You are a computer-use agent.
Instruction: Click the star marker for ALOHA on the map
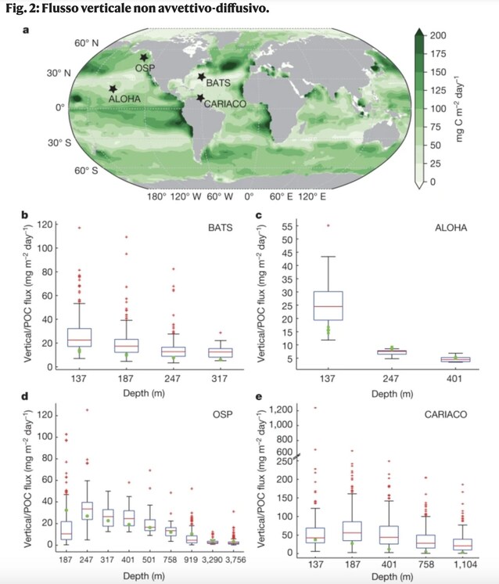(x=113, y=88)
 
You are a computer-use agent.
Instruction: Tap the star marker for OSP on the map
(x=144, y=57)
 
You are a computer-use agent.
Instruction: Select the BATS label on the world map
(x=218, y=83)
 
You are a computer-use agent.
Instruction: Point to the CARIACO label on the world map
(x=225, y=103)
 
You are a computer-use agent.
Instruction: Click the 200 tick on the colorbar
(x=438, y=35)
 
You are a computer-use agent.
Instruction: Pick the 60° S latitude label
(x=86, y=171)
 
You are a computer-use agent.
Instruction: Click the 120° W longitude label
(x=185, y=196)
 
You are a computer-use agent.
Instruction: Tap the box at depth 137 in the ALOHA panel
(x=328, y=306)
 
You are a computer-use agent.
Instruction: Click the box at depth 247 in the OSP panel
(x=87, y=510)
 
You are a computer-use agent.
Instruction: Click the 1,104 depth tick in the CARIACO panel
(x=465, y=564)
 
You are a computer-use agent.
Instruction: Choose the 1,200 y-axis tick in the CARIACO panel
(x=281, y=409)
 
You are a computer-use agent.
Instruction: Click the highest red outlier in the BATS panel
(x=79, y=228)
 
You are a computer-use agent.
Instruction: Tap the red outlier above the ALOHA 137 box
(x=328, y=225)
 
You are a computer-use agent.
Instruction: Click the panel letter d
(x=25, y=396)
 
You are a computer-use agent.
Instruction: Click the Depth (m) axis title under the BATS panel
(x=144, y=393)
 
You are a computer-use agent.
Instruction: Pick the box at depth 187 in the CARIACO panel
(x=352, y=531)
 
